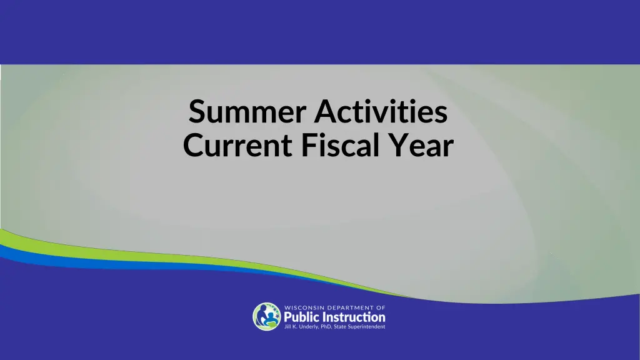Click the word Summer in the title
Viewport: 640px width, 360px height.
[x=247, y=113]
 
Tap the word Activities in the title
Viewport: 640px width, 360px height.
[x=381, y=113]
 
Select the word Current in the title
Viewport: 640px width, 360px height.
[x=237, y=146]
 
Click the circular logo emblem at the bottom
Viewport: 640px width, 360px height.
[x=267, y=316]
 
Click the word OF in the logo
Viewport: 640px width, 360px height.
[x=381, y=307]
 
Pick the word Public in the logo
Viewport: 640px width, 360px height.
[x=303, y=317]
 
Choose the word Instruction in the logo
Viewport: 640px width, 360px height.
[x=354, y=317]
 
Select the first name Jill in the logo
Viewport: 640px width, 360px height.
[x=288, y=326]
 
